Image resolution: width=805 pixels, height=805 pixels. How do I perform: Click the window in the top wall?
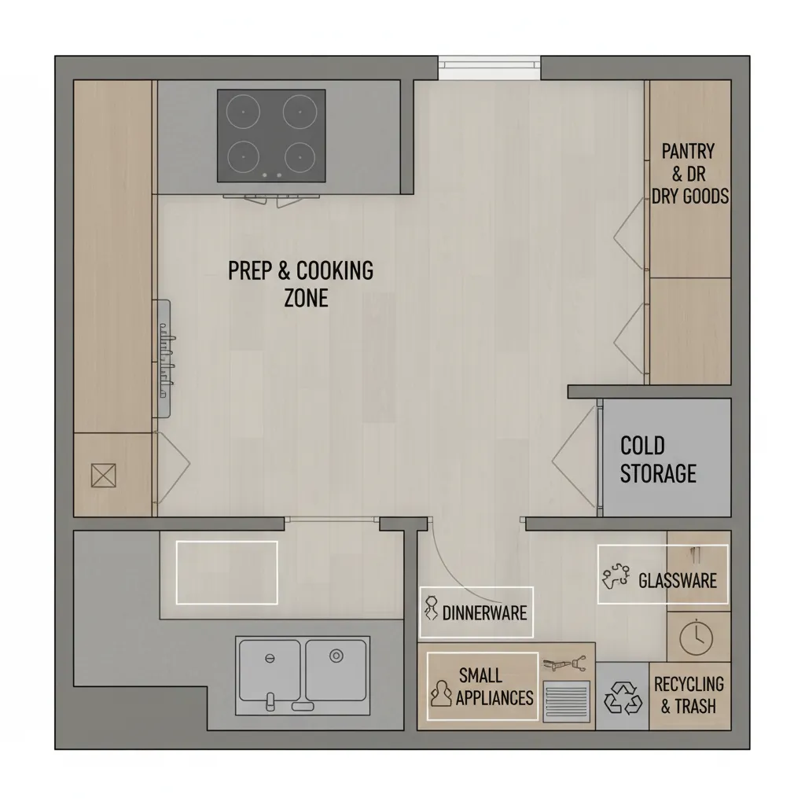[x=489, y=68]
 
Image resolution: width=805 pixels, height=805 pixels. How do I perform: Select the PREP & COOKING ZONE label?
[x=301, y=283]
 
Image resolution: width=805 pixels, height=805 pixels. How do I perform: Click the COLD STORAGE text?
[x=658, y=459]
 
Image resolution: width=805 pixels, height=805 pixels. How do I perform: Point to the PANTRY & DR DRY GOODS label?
[x=689, y=173]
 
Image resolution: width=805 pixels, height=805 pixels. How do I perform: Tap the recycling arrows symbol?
[x=622, y=698]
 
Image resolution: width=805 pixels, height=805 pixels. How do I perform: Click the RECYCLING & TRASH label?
[x=689, y=695]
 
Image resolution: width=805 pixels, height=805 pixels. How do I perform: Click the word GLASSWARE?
[x=678, y=581]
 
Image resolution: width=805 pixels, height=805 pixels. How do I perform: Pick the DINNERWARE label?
[x=484, y=612]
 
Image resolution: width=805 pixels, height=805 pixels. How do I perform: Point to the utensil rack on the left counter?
[x=164, y=358]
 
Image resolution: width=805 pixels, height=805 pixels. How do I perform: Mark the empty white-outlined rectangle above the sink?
[x=226, y=572]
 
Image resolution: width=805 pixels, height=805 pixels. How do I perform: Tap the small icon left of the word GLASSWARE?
[x=616, y=578]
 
